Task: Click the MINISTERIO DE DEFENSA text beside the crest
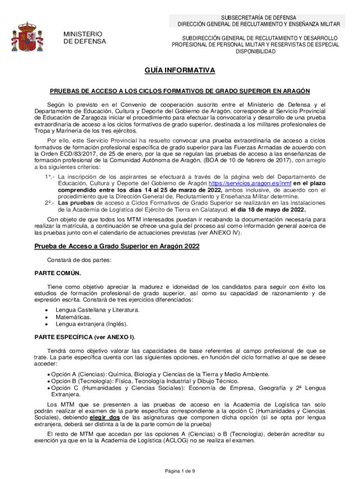pos(85,38)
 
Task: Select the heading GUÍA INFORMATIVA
pos(180,70)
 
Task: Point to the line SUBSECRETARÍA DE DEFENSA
pos(259,17)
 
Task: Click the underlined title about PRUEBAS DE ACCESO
pos(180,91)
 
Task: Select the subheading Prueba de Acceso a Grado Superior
pos(117,246)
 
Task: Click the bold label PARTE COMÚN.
pos(58,273)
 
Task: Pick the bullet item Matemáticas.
pos(73,317)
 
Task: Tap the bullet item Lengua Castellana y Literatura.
pos(97,310)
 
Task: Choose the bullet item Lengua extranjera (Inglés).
pos(91,324)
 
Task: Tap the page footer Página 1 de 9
pos(180,471)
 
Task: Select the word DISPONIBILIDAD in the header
pos(255,52)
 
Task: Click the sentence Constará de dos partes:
pos(79,260)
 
